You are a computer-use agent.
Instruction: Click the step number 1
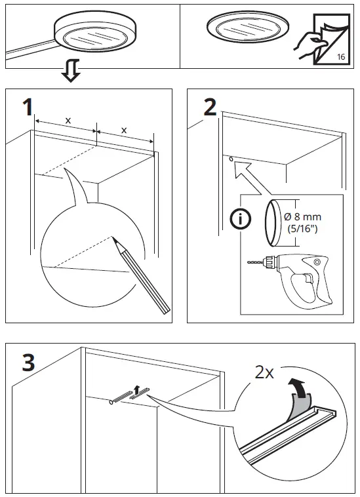pos(28,107)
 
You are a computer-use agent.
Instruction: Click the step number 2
pos(210,107)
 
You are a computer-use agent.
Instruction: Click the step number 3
pos(28,363)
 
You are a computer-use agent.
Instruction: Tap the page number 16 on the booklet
pos(341,57)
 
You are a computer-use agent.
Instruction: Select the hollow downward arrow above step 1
pos(70,70)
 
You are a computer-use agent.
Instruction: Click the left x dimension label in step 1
pos(68,121)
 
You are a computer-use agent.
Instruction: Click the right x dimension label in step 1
pos(124,130)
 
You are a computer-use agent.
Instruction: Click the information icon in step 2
pos(241,219)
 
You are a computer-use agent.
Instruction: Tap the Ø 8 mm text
pos(303,217)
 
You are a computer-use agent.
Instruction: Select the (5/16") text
pos(302,228)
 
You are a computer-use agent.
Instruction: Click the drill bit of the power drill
pos(255,262)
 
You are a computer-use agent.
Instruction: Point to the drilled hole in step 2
pos(231,158)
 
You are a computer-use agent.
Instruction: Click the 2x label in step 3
pos(264,372)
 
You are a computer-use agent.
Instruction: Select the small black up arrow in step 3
pos(136,390)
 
